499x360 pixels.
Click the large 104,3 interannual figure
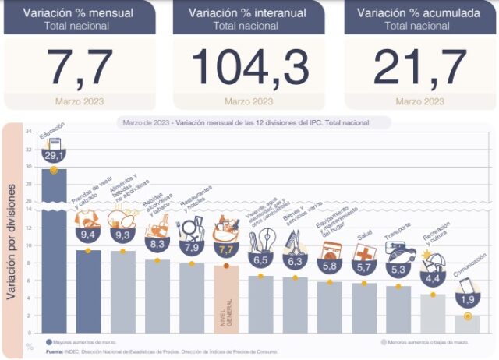[248, 65]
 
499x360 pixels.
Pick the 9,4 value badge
[87, 233]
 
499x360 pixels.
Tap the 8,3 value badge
[157, 243]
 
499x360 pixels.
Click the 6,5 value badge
[261, 260]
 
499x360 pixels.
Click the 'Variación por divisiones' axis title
[12, 234]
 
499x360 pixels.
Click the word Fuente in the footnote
[56, 353]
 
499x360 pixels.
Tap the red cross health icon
[364, 254]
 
